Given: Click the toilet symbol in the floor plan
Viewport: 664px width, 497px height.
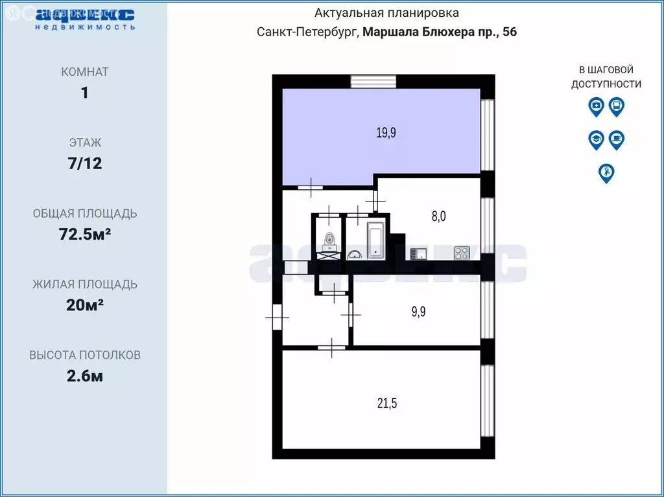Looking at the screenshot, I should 329,241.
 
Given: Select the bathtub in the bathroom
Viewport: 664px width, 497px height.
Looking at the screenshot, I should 376,241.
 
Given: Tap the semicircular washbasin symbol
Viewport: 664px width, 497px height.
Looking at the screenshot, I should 355,255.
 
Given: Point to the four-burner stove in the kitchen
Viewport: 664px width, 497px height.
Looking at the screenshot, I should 462,251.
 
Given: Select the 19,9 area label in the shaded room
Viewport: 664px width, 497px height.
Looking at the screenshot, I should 386,133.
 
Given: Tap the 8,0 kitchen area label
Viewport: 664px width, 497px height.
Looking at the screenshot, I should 439,216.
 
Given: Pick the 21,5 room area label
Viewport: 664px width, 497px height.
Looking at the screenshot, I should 386,404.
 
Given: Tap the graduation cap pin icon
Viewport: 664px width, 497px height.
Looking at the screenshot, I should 596,139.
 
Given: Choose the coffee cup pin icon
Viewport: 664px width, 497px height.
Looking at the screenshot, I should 617,139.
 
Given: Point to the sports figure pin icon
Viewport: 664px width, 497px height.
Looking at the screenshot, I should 606,173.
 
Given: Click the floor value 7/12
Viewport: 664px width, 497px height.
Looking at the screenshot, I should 84,163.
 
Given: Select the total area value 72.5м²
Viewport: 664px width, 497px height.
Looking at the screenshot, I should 84,234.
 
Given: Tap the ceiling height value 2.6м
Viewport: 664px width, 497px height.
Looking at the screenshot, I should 84,376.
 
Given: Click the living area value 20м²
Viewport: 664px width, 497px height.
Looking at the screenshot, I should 84,305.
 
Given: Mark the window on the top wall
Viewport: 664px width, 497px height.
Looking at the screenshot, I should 369,81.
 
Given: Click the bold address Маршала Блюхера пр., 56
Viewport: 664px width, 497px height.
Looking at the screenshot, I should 439,32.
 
